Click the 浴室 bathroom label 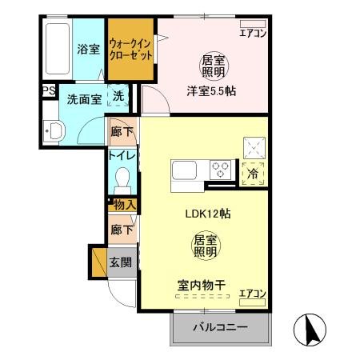pyautogui.click(x=87, y=49)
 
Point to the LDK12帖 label pyautogui.click(x=203, y=214)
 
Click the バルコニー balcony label pyautogui.click(x=220, y=328)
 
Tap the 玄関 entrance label pyautogui.click(x=122, y=262)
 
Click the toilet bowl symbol pyautogui.click(x=122, y=177)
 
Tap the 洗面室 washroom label pyautogui.click(x=82, y=101)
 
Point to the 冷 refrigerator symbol pyautogui.click(x=254, y=171)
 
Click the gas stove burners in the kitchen pyautogui.click(x=220, y=169)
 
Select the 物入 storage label pyautogui.click(x=123, y=206)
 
